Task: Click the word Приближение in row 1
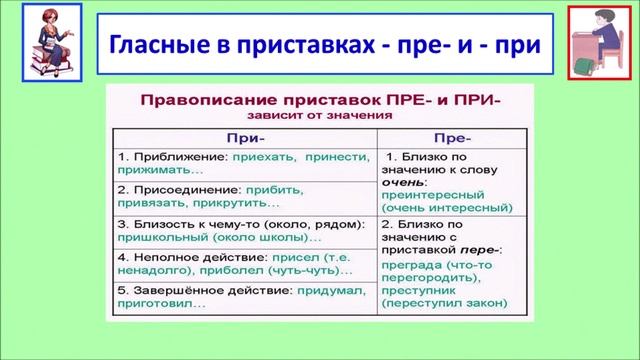click(175, 158)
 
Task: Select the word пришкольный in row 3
click(156, 239)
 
